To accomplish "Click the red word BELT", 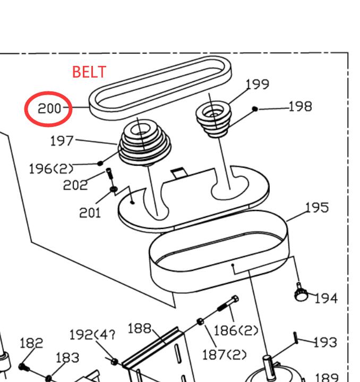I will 89,71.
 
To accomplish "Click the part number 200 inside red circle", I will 49,109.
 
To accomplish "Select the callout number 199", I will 258,84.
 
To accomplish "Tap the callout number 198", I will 301,107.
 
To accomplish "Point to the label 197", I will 62,141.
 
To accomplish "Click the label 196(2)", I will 51,169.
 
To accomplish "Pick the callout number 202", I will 75,185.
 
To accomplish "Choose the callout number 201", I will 90,213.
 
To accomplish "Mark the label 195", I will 317,207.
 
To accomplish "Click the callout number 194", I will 325,299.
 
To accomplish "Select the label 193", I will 325,342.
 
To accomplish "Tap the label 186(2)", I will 235,331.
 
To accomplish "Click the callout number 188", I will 140,328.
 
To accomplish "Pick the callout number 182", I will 31,343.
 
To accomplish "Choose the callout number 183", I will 67,357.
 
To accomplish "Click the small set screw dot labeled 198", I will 255,109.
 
